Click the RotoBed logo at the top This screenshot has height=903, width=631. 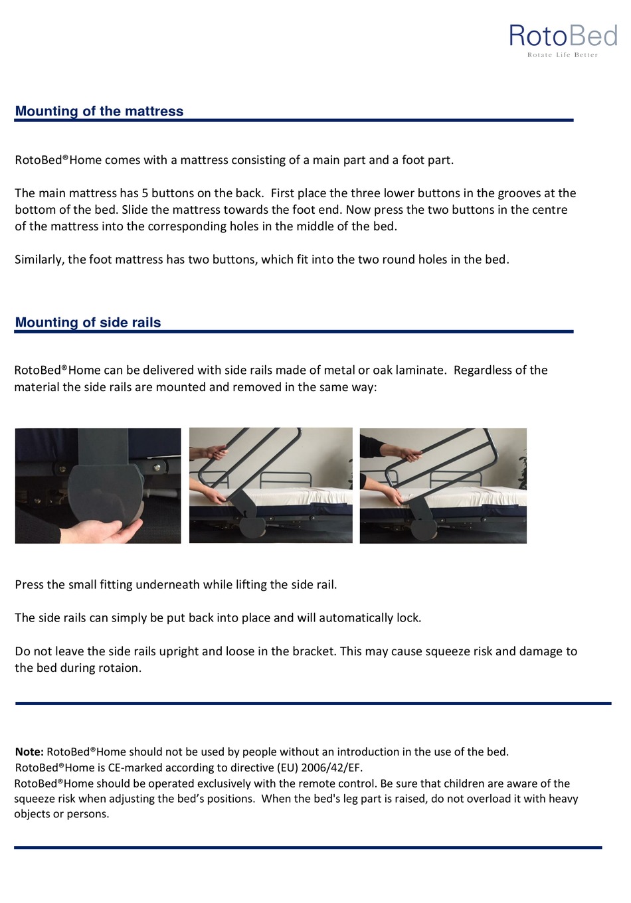point(563,36)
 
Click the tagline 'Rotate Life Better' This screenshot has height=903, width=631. point(563,55)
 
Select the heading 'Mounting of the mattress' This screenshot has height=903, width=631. point(99,112)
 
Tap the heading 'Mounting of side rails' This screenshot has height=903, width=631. point(88,323)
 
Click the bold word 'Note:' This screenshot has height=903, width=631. point(29,752)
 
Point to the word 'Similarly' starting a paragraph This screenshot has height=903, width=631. point(39,260)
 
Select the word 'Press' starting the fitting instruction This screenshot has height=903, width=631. point(30,585)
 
